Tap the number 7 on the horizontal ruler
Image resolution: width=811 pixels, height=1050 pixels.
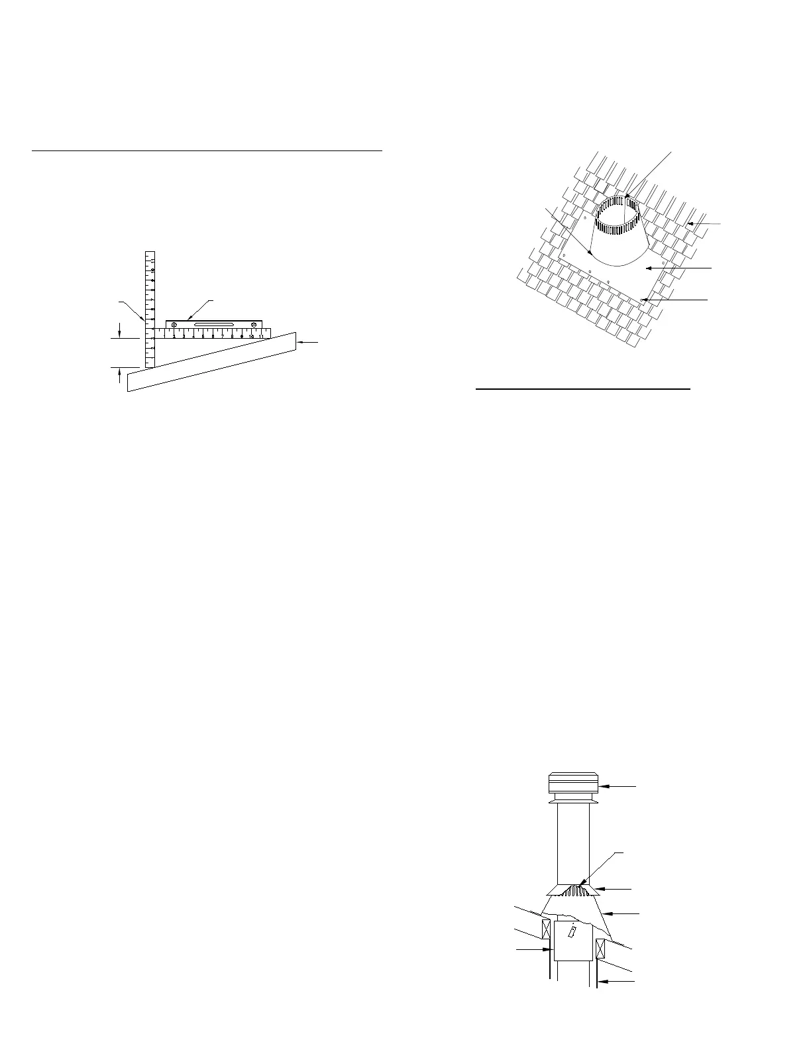pos(223,336)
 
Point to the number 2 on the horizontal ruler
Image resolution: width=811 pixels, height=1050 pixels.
pos(174,336)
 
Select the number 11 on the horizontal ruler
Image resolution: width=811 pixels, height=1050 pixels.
pos(262,336)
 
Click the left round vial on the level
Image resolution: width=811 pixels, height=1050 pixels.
pos(174,324)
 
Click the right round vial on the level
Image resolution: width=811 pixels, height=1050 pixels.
pos(254,324)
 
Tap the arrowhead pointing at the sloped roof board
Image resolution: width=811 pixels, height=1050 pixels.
pos(299,342)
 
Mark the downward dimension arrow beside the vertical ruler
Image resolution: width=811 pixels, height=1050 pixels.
pos(119,334)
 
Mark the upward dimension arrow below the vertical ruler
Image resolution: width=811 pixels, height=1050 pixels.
pos(119,372)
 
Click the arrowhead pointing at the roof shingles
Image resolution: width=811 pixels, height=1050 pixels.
pos(690,224)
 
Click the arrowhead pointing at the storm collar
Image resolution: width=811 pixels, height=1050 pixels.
pos(597,888)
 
